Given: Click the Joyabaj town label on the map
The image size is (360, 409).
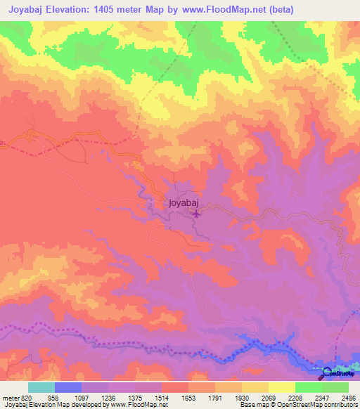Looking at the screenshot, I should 185,203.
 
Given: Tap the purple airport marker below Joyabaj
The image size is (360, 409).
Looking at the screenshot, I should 196,214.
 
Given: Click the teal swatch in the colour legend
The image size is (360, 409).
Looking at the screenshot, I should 41,387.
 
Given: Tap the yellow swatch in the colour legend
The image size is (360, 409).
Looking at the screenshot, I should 281,387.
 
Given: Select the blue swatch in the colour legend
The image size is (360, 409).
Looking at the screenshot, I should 68,387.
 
